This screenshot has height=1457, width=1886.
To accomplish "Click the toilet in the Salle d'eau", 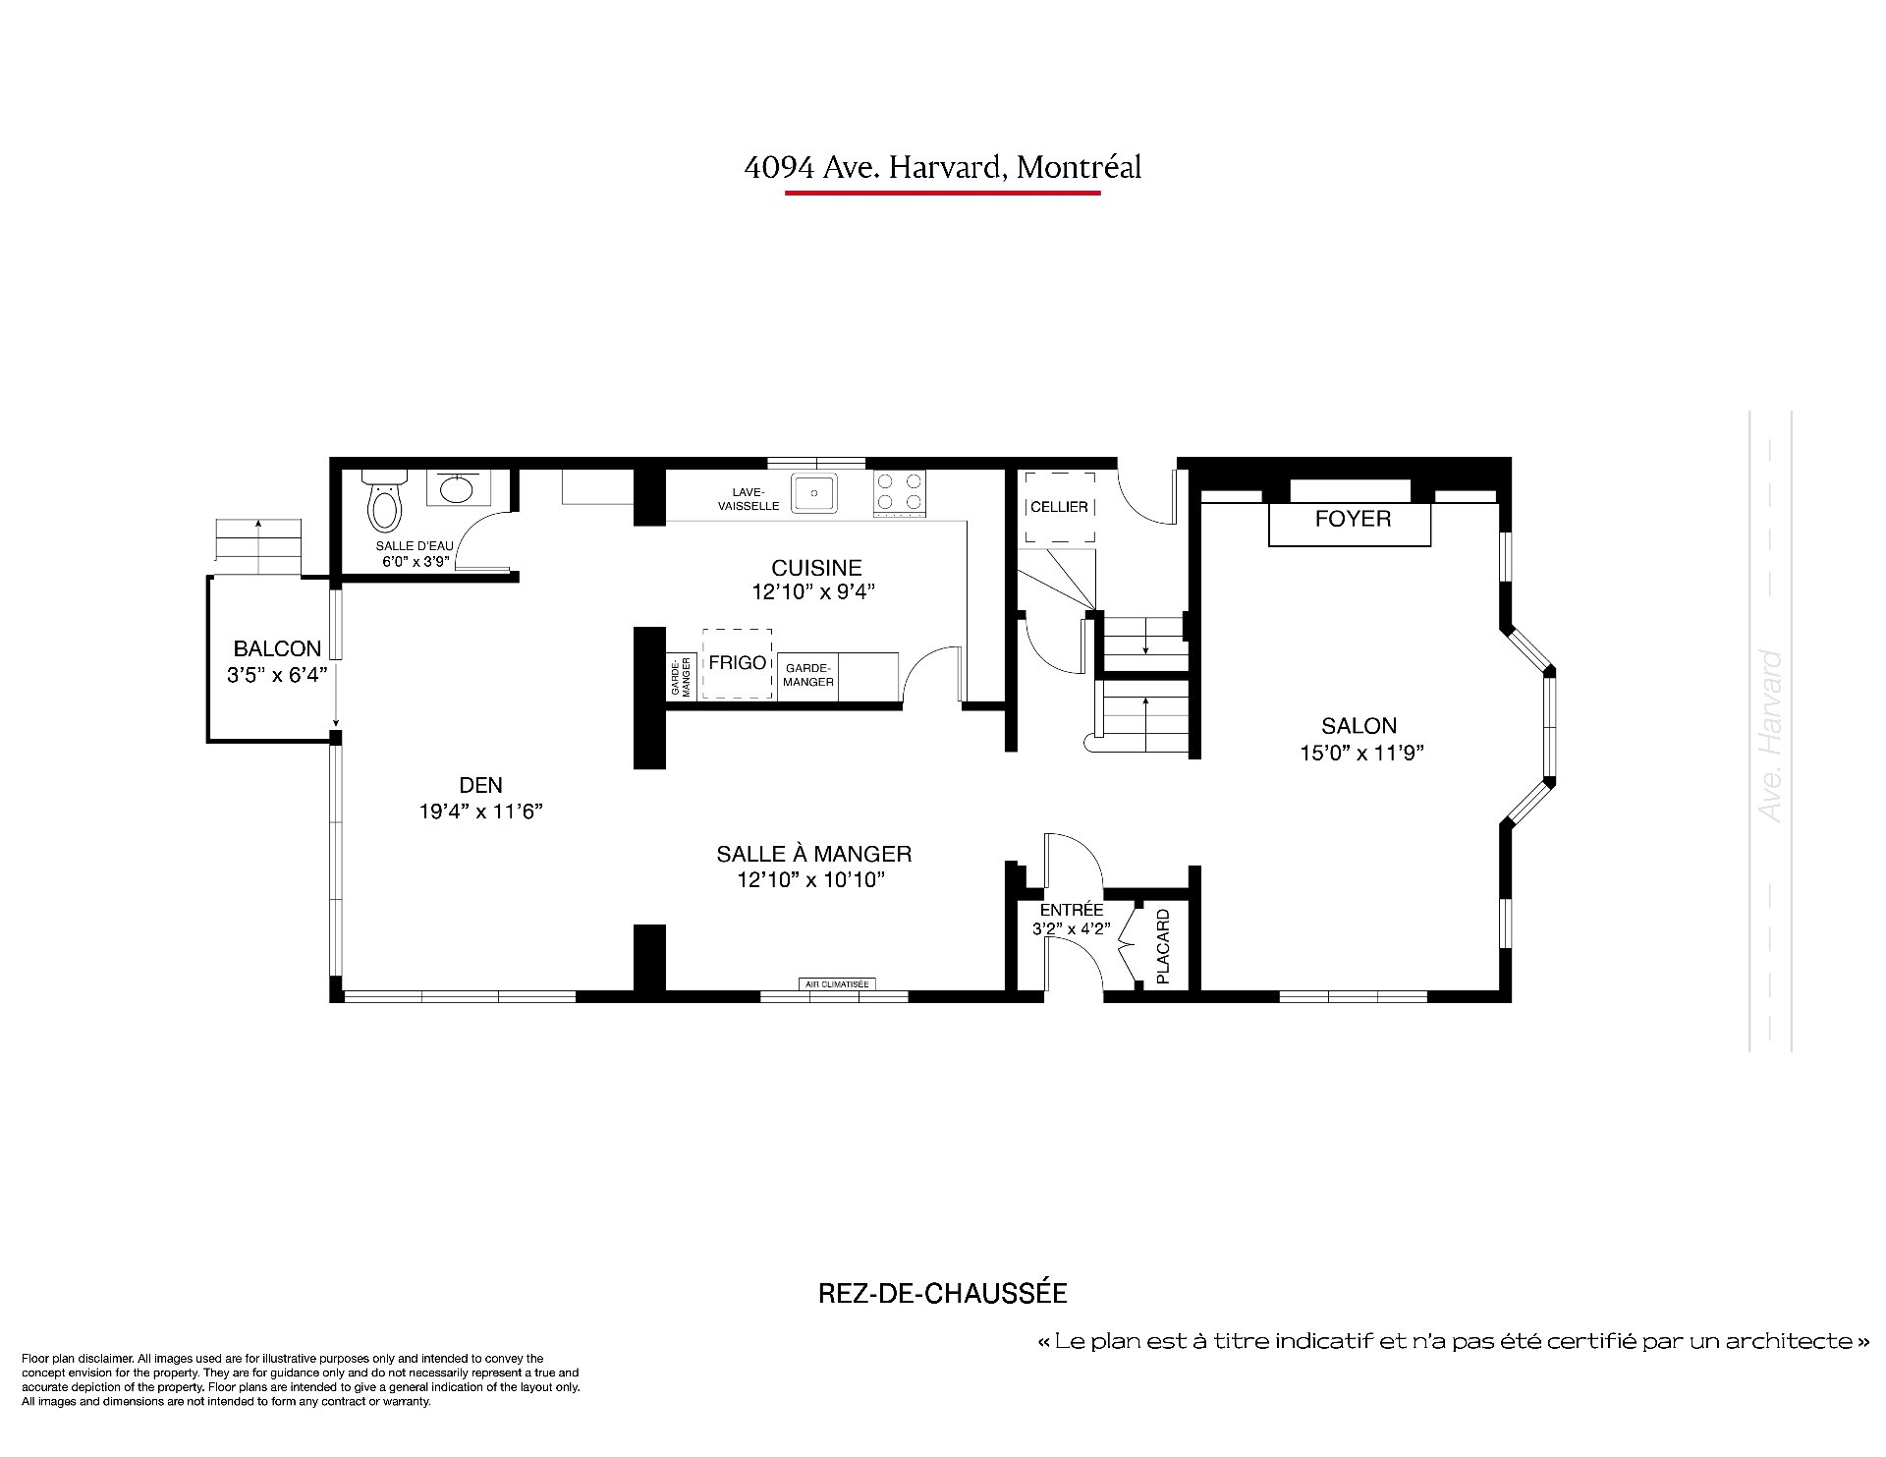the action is coord(384,499).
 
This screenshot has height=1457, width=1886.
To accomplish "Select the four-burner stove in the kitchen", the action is coord(900,492).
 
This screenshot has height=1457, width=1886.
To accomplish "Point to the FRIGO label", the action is coord(737,663).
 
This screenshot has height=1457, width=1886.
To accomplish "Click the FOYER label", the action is coord(1353,519).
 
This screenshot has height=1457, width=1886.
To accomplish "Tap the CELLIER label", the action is coord(1059,507).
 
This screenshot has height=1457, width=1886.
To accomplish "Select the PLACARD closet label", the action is coord(1163,947).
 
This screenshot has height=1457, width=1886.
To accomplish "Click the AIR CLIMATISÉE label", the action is coord(837,983).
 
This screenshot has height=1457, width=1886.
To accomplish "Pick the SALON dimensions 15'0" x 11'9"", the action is coord(1359,753).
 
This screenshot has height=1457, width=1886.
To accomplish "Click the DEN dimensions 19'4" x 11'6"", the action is coord(480,812).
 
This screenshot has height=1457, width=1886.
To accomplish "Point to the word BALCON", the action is coord(277,648).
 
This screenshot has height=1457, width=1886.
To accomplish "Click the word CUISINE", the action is coord(816,568).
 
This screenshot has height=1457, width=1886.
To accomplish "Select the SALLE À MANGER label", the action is coord(814,855).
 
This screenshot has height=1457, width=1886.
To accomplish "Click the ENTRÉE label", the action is coord(1072,910).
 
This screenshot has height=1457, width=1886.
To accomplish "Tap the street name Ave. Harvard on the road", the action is coord(1771,736).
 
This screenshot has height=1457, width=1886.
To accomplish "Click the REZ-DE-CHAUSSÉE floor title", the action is coord(943,1293).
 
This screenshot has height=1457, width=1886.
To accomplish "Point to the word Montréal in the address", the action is coord(1079,168).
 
